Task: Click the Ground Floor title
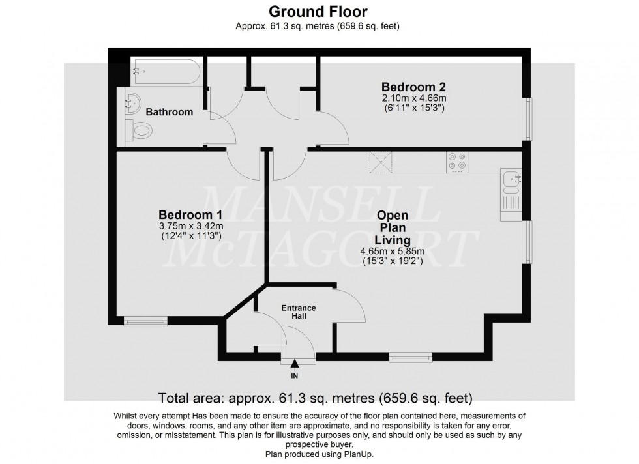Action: pos(318,11)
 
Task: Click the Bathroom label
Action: pos(169,112)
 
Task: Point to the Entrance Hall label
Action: pos(299,312)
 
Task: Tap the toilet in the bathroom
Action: pos(140,132)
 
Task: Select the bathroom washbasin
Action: pos(135,103)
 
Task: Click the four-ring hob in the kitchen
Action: pos(456,161)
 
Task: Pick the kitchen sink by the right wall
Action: pos(510,179)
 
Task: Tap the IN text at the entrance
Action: pos(295,377)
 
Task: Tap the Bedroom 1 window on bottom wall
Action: pos(145,321)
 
